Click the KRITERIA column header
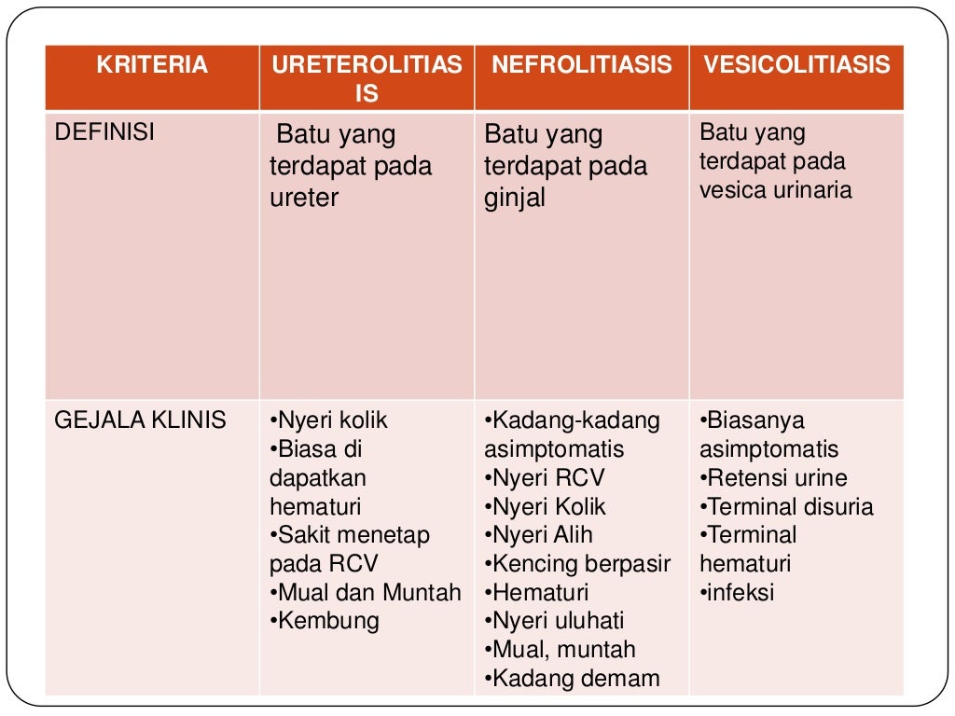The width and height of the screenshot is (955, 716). click(x=152, y=65)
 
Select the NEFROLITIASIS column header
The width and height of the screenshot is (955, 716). click(x=581, y=65)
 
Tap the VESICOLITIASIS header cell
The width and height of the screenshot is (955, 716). click(x=796, y=65)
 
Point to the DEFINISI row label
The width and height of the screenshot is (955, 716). click(x=104, y=132)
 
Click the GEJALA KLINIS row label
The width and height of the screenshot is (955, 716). click(x=140, y=420)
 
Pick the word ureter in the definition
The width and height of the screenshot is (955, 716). click(x=304, y=198)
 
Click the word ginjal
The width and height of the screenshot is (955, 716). click(x=514, y=198)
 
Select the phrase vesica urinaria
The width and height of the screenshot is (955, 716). click(x=776, y=189)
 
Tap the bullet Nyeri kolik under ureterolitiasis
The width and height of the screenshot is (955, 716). click(x=328, y=420)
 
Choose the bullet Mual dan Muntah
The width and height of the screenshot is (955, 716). click(x=366, y=592)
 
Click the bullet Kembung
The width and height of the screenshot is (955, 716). click(x=325, y=621)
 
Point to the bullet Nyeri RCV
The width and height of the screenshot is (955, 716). click(x=545, y=478)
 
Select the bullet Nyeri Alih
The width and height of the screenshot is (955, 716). click(x=539, y=535)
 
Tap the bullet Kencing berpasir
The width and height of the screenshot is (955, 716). click(x=577, y=564)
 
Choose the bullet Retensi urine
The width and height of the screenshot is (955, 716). click(x=774, y=478)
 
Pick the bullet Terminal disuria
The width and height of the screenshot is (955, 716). click(x=787, y=507)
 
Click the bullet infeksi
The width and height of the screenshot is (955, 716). click(x=738, y=592)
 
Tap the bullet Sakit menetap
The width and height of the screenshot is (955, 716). click(x=350, y=535)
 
